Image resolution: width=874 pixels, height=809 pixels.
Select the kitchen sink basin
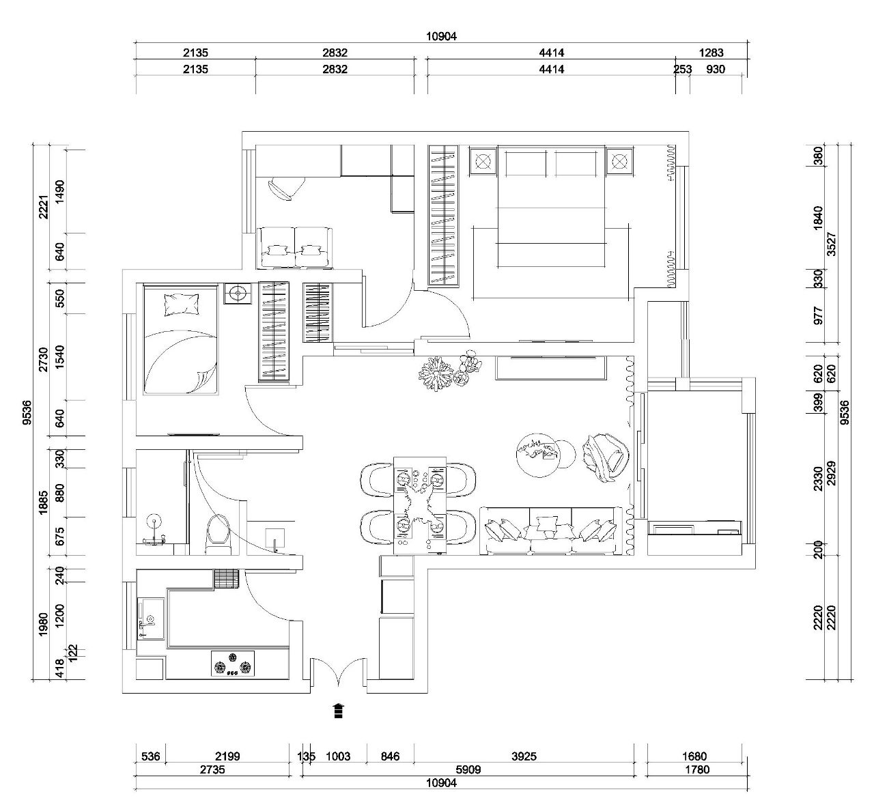tap(150, 619)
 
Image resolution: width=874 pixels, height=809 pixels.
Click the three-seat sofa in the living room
tap(552, 530)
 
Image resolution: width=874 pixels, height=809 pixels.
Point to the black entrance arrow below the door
tap(339, 711)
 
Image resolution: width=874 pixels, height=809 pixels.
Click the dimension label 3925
tap(524, 756)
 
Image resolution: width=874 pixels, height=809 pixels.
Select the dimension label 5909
tap(468, 770)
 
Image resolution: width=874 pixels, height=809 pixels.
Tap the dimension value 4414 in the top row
tap(552, 53)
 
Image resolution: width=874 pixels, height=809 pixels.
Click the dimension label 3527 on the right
tap(831, 244)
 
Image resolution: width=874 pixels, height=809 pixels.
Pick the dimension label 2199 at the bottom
tap(227, 756)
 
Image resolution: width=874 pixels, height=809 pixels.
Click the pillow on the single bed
tap(182, 304)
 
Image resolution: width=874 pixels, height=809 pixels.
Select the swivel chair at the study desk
tap(286, 188)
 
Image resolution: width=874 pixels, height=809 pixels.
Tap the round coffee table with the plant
tap(538, 455)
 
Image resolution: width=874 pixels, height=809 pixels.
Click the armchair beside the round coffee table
tap(606, 458)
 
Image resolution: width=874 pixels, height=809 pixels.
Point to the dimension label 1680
tap(694, 756)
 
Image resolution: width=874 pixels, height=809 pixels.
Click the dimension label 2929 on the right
tap(831, 474)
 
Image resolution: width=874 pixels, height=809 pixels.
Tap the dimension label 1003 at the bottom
tap(338, 756)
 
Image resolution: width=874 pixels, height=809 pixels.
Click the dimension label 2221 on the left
tap(44, 207)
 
